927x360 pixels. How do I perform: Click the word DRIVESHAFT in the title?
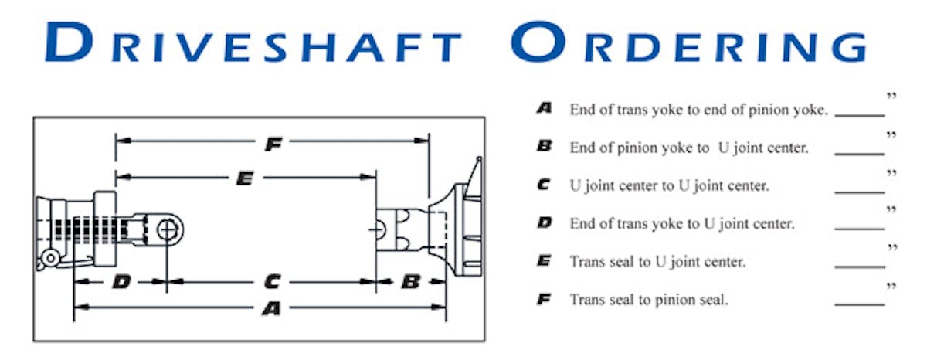click(x=253, y=42)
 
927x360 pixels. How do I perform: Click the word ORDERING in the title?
click(x=688, y=42)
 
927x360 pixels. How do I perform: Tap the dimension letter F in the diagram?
click(x=273, y=144)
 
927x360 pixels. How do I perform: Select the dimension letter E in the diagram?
click(x=245, y=178)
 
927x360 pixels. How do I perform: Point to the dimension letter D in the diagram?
click(x=121, y=282)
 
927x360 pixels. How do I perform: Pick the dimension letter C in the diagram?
click(x=272, y=282)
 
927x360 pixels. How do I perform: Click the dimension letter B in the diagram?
click(x=411, y=282)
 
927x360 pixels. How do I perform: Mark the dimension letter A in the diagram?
click(x=271, y=308)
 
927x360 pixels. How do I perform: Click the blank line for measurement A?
click(x=860, y=115)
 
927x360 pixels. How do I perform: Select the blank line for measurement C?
click(x=860, y=192)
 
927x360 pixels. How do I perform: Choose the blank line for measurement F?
click(x=860, y=305)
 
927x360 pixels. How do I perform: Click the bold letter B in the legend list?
click(x=544, y=146)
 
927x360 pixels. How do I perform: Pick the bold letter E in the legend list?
click(x=544, y=260)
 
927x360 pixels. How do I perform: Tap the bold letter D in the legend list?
click(x=544, y=222)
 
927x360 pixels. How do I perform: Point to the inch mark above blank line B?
click(x=891, y=135)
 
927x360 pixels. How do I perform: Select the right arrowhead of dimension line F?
click(x=422, y=141)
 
